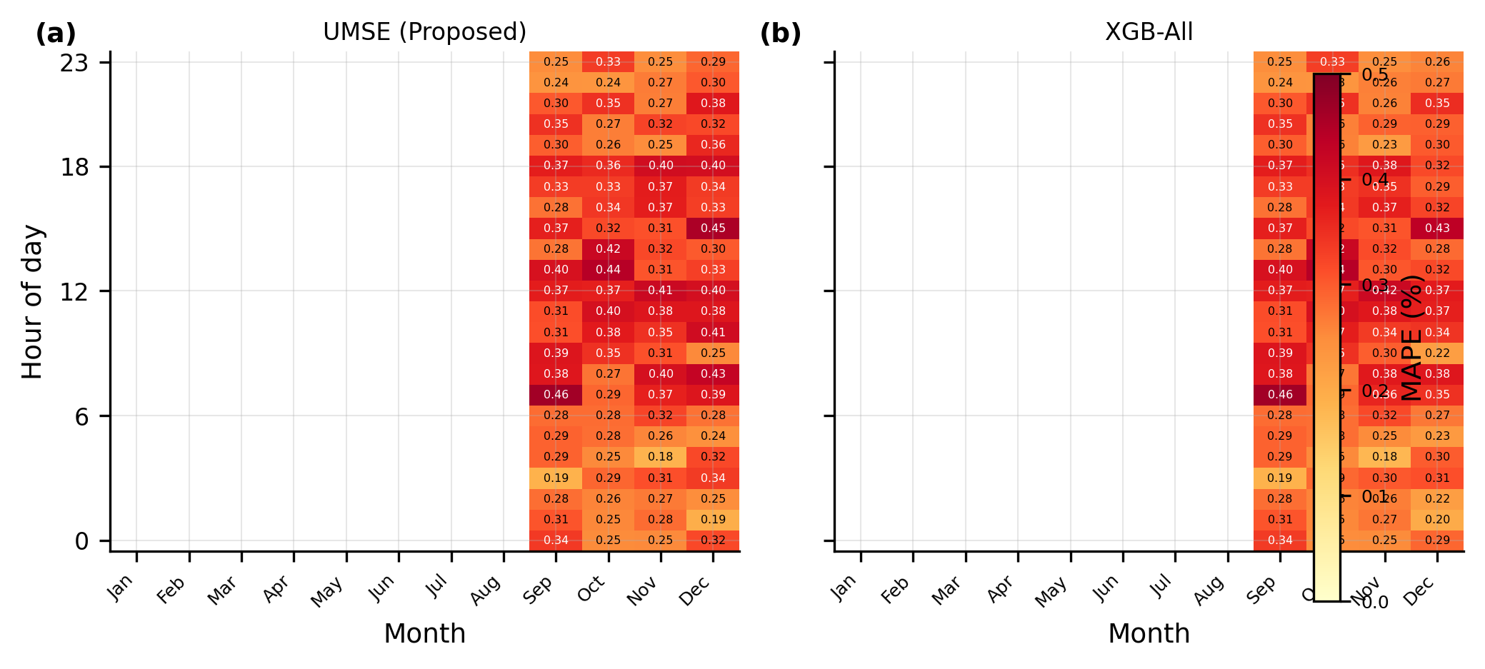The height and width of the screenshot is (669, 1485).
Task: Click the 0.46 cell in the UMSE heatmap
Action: [x=556, y=394]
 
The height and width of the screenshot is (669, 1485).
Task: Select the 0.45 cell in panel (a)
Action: [x=713, y=228]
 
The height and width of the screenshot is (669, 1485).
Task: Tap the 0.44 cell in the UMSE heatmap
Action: [x=608, y=269]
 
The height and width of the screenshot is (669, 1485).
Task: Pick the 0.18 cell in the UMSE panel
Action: [x=661, y=456]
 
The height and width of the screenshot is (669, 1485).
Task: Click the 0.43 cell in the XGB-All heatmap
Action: [x=1437, y=228]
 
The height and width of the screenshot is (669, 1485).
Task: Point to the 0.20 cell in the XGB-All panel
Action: [x=1437, y=519]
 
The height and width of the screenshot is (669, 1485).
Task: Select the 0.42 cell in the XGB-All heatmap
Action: [x=1385, y=290]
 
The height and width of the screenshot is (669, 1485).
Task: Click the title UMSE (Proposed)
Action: [x=424, y=32]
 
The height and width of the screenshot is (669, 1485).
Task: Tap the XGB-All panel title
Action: [x=1149, y=32]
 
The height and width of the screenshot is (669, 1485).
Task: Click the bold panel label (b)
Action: [x=780, y=34]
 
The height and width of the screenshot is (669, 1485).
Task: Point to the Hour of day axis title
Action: [x=33, y=301]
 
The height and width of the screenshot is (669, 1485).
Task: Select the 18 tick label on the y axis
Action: [x=74, y=167]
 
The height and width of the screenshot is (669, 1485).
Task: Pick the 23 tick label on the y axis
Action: [x=74, y=63]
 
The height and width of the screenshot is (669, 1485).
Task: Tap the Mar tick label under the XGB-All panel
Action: [x=948, y=590]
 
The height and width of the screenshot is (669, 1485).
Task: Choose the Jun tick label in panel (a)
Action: [x=382, y=589]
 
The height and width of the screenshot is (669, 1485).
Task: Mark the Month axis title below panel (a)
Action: [x=424, y=633]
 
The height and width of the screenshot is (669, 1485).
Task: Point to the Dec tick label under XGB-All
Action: [x=1419, y=590]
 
